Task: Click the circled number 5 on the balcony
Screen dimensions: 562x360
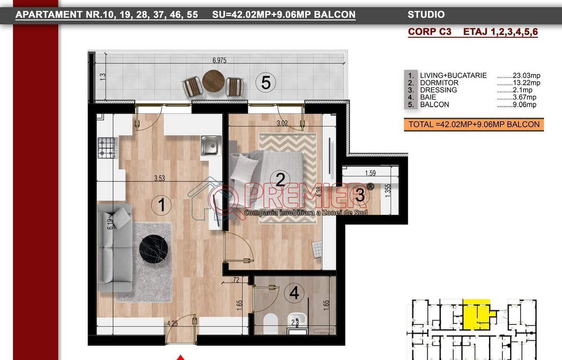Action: (x=266, y=83)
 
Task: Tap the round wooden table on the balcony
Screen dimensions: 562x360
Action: (x=214, y=81)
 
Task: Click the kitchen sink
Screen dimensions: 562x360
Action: (x=211, y=146)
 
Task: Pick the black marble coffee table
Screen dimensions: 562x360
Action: (x=154, y=249)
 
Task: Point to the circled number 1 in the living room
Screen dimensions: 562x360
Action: (x=161, y=205)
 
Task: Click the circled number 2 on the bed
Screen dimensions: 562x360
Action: (x=280, y=180)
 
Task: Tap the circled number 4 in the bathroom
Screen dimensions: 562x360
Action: (x=294, y=292)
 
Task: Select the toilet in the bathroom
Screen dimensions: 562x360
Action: (x=271, y=324)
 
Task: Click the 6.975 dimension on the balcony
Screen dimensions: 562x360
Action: (x=219, y=60)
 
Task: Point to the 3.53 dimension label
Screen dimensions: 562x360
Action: (x=160, y=178)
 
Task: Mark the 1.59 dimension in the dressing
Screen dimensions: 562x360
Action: (x=370, y=173)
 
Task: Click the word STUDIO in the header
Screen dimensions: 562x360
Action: (x=426, y=15)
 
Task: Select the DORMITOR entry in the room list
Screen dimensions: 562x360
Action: (x=439, y=83)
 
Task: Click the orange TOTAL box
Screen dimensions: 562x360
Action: (x=473, y=125)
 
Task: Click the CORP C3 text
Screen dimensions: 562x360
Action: (x=429, y=32)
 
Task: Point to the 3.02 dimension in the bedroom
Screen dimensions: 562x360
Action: (x=282, y=123)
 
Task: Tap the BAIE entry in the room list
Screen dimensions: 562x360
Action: (x=428, y=97)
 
